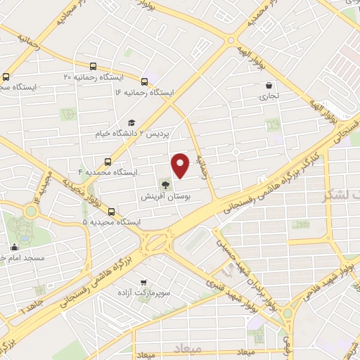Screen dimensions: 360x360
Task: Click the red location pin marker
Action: point(181,165)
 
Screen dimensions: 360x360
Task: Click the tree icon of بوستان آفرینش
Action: point(165,185)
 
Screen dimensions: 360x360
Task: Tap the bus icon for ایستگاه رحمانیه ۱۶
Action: point(145,82)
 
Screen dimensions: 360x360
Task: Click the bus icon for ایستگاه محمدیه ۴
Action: point(108,161)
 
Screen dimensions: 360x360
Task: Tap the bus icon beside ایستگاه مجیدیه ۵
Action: point(112,211)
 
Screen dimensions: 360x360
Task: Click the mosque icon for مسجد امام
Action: point(14,247)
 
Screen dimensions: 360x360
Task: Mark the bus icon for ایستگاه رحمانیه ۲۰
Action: point(6,77)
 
